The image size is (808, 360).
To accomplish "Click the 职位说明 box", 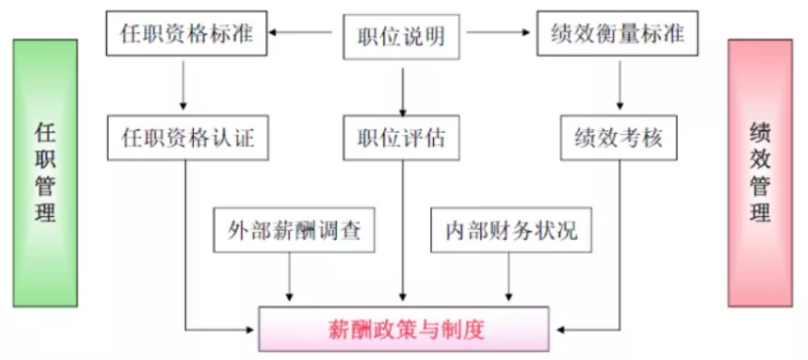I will tap(402, 36).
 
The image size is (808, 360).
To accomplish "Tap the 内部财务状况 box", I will tap(510, 231).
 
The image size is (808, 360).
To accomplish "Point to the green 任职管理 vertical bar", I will tap(45, 174).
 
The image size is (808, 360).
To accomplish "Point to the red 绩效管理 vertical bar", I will tap(760, 174).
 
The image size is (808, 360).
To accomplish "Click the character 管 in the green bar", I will tap(45, 187).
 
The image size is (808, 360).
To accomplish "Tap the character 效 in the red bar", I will tap(760, 160).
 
